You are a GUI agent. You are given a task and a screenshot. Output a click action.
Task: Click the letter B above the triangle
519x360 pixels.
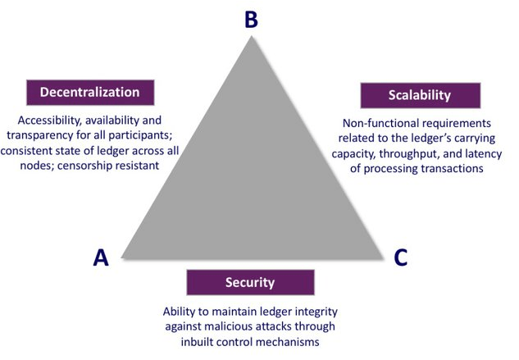click(252, 19)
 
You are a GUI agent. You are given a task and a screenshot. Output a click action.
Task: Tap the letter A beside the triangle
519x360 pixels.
click(101, 257)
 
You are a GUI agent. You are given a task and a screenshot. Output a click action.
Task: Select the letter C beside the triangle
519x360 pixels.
click(400, 257)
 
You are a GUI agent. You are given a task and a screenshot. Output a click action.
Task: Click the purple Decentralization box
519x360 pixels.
click(91, 91)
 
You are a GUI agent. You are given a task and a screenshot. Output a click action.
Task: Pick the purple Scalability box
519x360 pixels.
click(419, 95)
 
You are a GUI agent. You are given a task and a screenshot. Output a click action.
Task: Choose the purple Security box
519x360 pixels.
click(249, 282)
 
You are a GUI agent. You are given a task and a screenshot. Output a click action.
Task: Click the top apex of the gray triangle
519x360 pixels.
click(252, 38)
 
